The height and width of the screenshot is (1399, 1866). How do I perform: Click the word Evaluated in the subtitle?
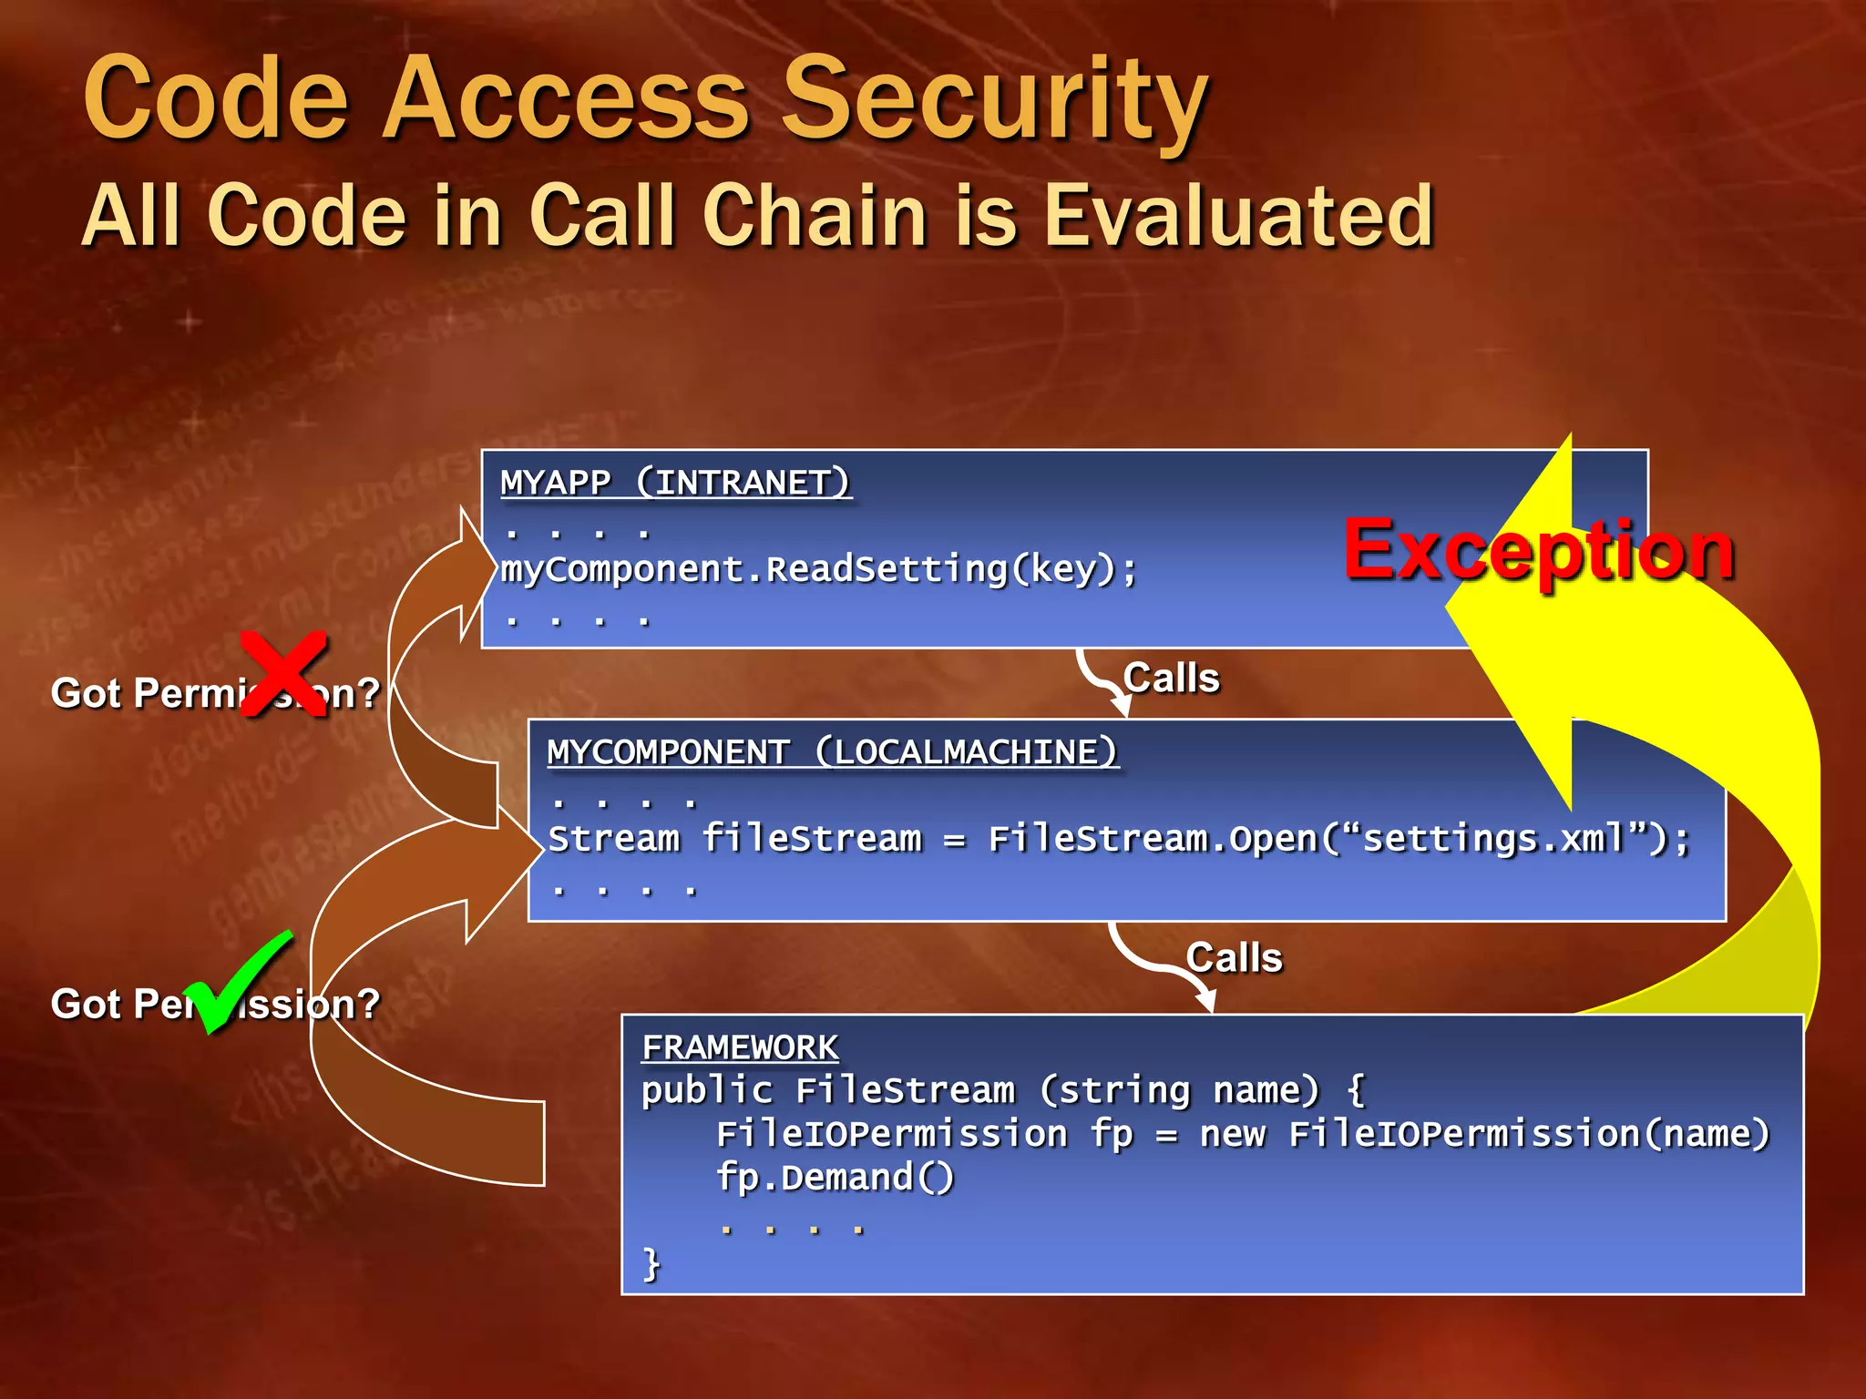coord(1239,216)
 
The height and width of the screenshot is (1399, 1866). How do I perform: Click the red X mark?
coord(284,673)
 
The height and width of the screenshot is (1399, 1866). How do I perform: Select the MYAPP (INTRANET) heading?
coord(674,482)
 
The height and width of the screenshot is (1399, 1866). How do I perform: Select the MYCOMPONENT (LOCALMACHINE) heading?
coord(832,752)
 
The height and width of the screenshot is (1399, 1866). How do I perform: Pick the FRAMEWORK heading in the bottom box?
coord(740,1047)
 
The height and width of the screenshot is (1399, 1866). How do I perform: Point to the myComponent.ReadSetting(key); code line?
coord(819,570)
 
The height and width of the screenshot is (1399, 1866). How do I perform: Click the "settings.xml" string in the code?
coord(1494,838)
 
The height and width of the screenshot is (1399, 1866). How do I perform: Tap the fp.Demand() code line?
coord(835,1178)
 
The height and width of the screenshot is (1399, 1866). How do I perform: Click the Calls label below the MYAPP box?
coord(1171,679)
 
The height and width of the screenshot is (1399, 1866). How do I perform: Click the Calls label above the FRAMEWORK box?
coord(1234,958)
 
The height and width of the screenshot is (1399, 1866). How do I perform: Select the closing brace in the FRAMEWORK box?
coord(651,1264)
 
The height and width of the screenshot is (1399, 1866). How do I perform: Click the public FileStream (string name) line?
coord(1002,1090)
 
